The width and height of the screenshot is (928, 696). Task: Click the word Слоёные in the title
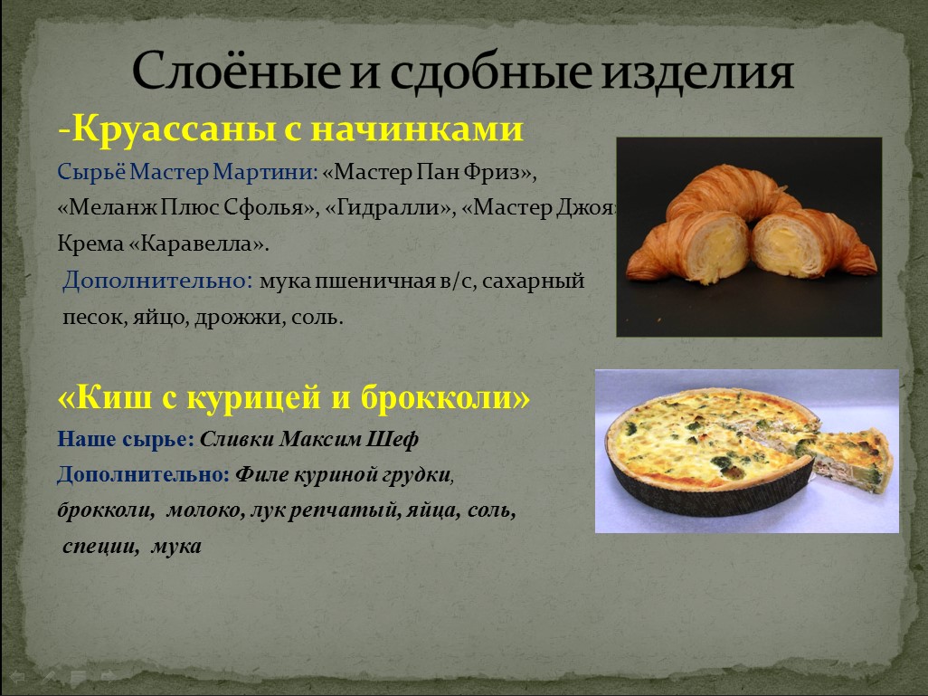pos(236,71)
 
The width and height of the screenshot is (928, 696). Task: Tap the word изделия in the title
pos(696,72)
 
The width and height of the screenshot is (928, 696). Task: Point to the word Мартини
pos(265,172)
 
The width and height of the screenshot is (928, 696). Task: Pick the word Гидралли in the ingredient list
pos(390,207)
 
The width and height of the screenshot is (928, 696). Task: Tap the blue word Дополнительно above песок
pos(157,280)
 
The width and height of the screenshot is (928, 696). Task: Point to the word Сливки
pos(237,439)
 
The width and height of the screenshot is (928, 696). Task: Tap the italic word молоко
pos(205,510)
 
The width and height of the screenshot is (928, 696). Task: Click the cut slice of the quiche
pos(848,457)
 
